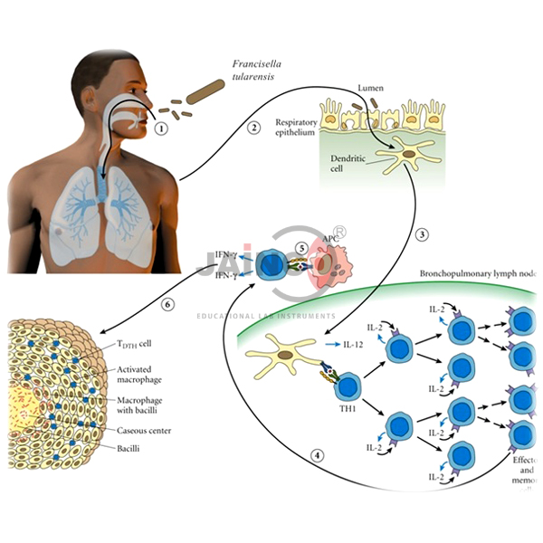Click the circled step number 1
coord(162,129)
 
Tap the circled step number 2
coord(255,127)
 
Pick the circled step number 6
coord(166,305)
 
